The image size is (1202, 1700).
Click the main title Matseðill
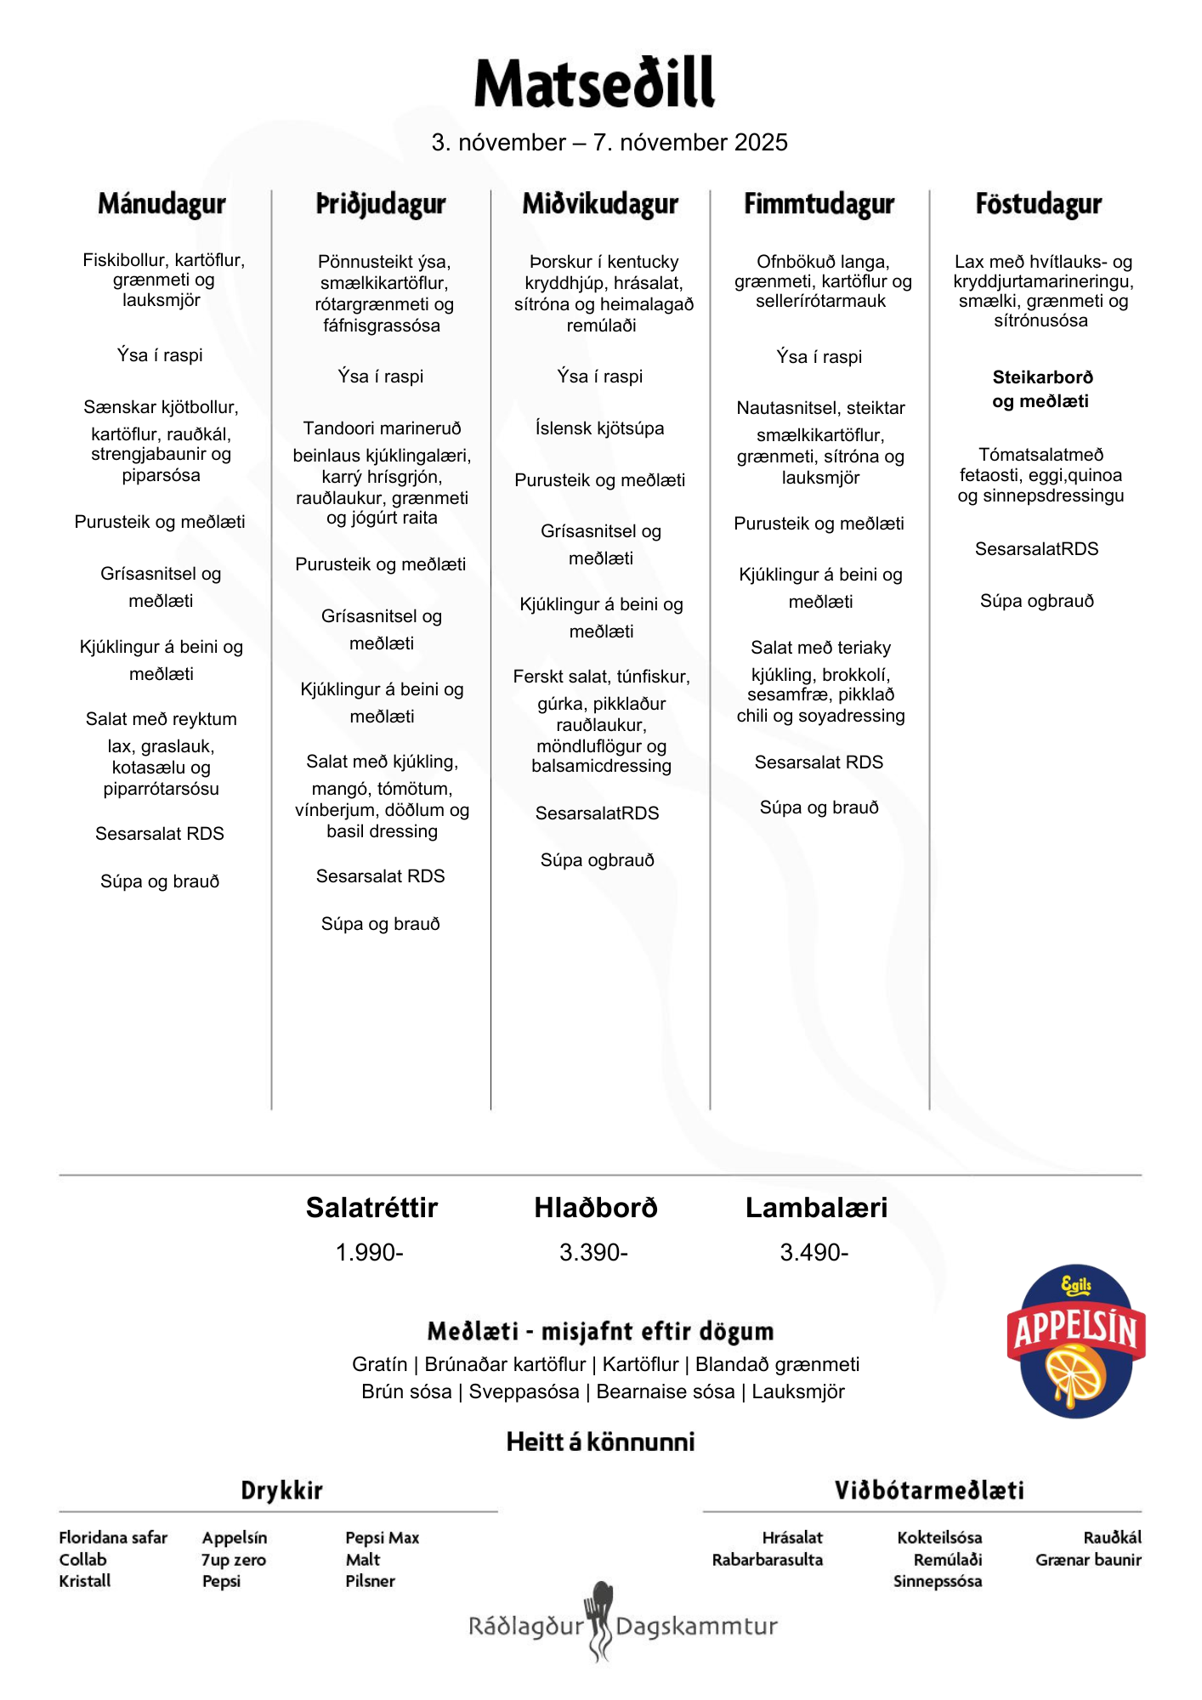594,83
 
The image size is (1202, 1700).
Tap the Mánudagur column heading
162,204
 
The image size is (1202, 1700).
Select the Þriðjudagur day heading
381,204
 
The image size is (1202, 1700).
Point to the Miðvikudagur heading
600,204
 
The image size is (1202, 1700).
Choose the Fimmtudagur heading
819,204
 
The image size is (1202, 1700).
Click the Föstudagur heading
1039,204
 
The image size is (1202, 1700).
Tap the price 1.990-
370,1252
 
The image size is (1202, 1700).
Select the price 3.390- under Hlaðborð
593,1252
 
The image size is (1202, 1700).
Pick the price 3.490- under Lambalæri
814,1252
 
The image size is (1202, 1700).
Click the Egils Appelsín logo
1076,1341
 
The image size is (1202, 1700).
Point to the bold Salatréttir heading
371,1207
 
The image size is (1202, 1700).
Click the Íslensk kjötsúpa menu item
600,428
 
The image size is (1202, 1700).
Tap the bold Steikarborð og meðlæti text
1041,389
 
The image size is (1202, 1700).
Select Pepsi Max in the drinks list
383,1538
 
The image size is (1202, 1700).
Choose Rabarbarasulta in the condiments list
768,1560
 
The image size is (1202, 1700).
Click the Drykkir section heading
281,1490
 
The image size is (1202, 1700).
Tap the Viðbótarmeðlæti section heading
929,1490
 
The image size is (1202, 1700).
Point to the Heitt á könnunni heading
600,1442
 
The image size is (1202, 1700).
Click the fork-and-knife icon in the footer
600,1619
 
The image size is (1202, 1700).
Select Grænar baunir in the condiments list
1088,1560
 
